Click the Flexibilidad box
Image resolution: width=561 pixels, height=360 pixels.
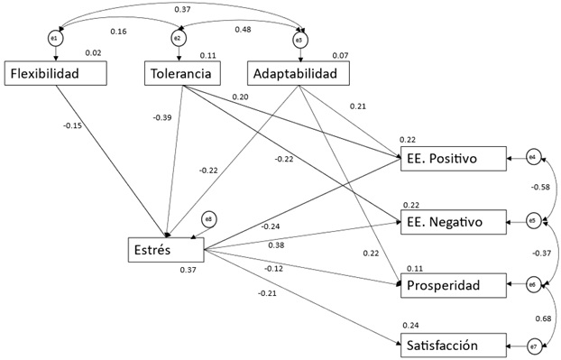(56, 73)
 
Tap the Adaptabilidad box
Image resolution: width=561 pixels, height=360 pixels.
(299, 73)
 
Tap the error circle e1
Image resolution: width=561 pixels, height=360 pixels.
(56, 38)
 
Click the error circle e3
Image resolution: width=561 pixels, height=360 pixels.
(299, 40)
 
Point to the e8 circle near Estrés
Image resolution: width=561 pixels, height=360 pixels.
(208, 219)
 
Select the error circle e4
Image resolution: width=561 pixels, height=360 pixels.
(532, 158)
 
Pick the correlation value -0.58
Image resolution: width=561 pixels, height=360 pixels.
(540, 187)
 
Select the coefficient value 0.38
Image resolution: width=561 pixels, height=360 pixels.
(276, 245)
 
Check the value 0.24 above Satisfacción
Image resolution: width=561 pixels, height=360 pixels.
(411, 326)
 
